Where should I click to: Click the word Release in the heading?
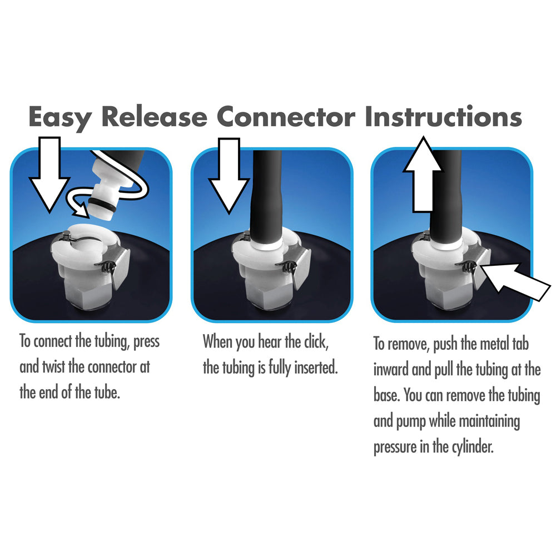(x=154, y=116)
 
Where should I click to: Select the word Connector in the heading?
(x=286, y=116)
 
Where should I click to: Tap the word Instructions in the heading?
(x=443, y=116)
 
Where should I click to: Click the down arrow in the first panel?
(x=49, y=173)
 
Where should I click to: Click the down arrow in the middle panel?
(x=229, y=176)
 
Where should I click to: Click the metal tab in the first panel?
(x=121, y=266)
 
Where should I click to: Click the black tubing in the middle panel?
(x=266, y=195)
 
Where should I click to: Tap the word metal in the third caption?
(x=491, y=344)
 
